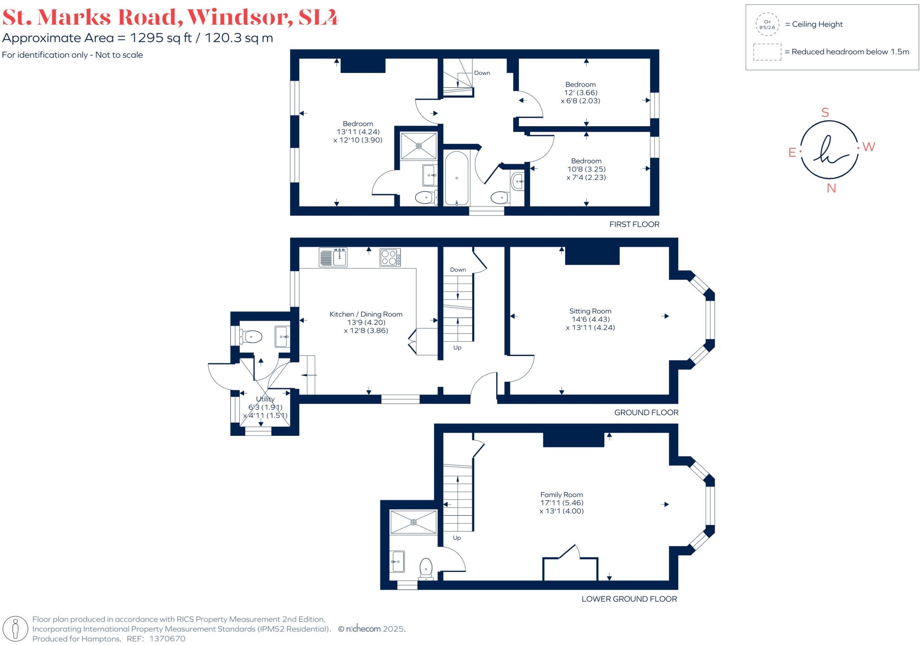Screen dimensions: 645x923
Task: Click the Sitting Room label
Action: point(590,311)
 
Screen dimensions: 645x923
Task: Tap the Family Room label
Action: point(562,494)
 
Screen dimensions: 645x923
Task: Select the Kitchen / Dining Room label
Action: point(366,314)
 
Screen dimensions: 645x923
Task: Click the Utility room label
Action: point(265,399)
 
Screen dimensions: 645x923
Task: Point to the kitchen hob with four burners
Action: point(390,257)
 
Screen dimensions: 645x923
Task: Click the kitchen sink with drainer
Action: point(333,257)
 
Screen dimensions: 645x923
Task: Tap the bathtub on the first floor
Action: point(457,178)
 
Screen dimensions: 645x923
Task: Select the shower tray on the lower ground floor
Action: point(413,522)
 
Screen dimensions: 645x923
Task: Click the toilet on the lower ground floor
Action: point(426,569)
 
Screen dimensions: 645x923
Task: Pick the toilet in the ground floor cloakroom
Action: point(251,336)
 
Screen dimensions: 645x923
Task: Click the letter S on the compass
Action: point(825,113)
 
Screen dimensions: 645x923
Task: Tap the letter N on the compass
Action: point(831,188)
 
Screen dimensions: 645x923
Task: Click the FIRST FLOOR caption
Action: point(634,224)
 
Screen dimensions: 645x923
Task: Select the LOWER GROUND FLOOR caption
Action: point(629,599)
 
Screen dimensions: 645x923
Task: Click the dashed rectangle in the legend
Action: point(767,52)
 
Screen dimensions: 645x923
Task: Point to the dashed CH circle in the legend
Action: point(767,24)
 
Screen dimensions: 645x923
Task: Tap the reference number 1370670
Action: point(167,639)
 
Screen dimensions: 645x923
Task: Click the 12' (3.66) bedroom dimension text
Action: point(580,92)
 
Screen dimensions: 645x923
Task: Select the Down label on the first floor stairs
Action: point(482,73)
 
